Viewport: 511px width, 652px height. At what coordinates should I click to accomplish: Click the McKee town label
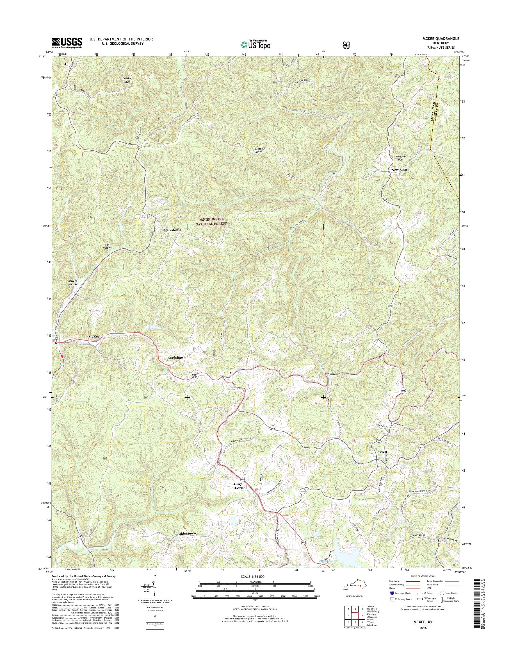pos(94,337)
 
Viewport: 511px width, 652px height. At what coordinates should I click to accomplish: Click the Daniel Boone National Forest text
pos(211,221)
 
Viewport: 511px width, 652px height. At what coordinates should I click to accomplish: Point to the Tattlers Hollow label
pos(72,282)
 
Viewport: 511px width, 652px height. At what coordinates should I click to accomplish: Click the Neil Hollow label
pos(106,246)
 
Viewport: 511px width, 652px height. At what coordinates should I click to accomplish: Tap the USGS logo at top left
pos(67,43)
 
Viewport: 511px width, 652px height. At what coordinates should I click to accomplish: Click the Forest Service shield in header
pos(346,45)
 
